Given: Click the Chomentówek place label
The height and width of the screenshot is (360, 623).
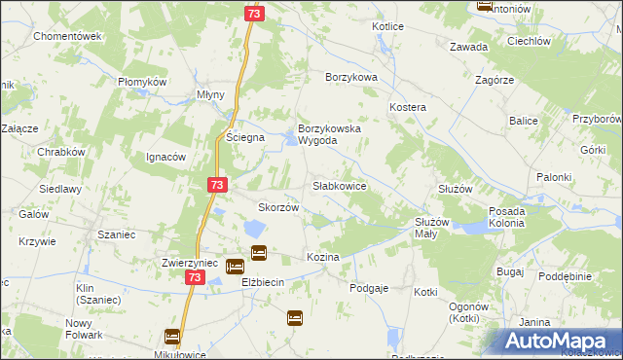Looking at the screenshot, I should (x=67, y=36).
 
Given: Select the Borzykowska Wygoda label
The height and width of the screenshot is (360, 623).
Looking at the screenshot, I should (x=331, y=134).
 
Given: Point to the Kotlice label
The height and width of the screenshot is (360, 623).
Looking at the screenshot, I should (x=387, y=26).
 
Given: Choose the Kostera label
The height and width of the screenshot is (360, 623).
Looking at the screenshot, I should (x=409, y=105).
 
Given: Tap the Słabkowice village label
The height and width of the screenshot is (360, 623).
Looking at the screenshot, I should (x=339, y=185).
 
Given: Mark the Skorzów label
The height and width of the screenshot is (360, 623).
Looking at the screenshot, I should (x=276, y=207).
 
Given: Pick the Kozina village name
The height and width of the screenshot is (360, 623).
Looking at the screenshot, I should (x=322, y=257).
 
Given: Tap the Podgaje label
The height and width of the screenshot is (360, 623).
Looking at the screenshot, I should (x=369, y=288).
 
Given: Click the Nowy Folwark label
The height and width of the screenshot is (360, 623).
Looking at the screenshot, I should (x=84, y=329).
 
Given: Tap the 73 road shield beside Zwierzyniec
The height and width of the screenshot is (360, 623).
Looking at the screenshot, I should (x=195, y=278).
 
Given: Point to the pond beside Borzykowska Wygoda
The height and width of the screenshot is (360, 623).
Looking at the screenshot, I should (x=292, y=143).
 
